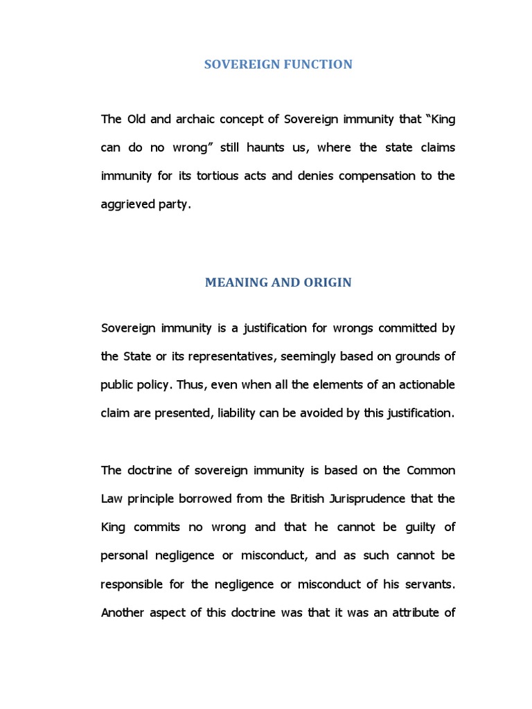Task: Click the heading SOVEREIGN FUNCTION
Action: point(278,64)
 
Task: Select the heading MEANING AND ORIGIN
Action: point(278,282)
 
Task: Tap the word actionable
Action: point(423,384)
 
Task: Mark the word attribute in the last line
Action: point(409,612)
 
